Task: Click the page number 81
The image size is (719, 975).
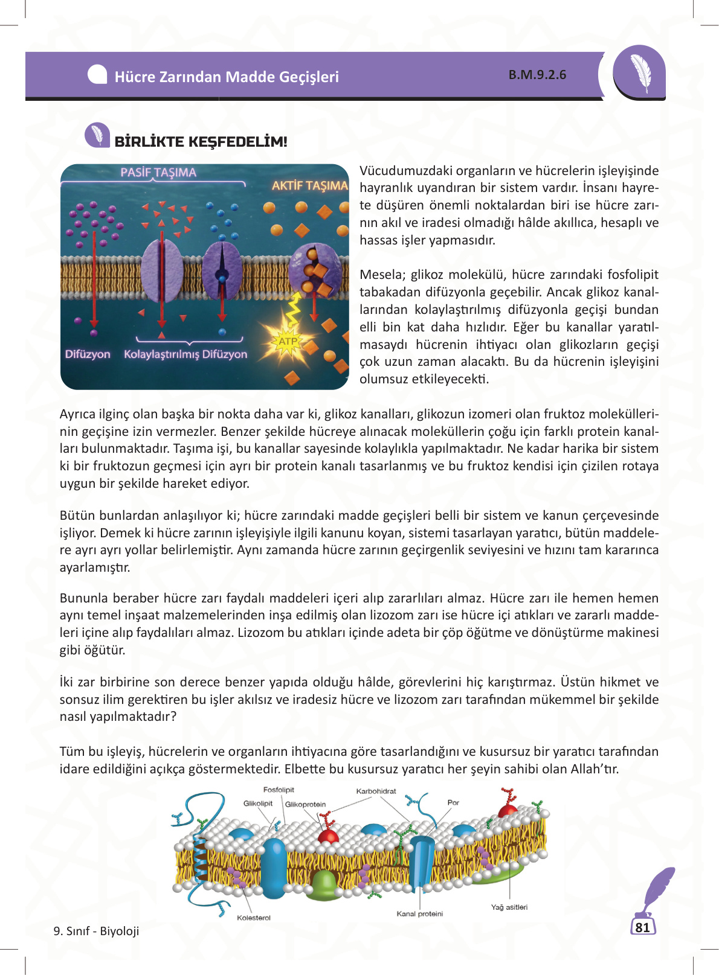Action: pos(643,927)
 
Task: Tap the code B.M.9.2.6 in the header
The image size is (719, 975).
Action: pos(537,75)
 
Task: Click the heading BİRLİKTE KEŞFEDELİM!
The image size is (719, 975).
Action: pos(201,142)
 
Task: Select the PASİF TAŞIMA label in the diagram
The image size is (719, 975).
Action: pos(158,173)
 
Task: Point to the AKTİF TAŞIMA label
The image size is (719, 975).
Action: pos(309,185)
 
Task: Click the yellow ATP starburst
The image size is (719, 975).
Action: pos(288,342)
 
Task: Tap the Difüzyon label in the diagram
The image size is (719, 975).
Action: pos(88,354)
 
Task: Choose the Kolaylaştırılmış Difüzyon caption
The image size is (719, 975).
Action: pos(185,354)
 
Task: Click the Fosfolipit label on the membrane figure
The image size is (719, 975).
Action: pos(279,790)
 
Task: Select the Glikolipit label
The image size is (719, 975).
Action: pos(258,804)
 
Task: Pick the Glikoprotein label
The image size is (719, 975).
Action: pos(305,804)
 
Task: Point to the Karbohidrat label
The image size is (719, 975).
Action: pos(376,791)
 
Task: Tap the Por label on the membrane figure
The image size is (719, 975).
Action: pos(453,802)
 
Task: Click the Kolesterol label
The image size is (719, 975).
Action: pos(254,918)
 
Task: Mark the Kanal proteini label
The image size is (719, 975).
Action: pos(419,913)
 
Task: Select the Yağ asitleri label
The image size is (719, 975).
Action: pos(509,907)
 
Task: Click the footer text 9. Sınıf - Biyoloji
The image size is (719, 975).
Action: pos(96,931)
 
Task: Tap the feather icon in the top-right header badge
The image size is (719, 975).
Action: pos(640,72)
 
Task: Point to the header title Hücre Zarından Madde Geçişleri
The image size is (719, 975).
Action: pos(227,77)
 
